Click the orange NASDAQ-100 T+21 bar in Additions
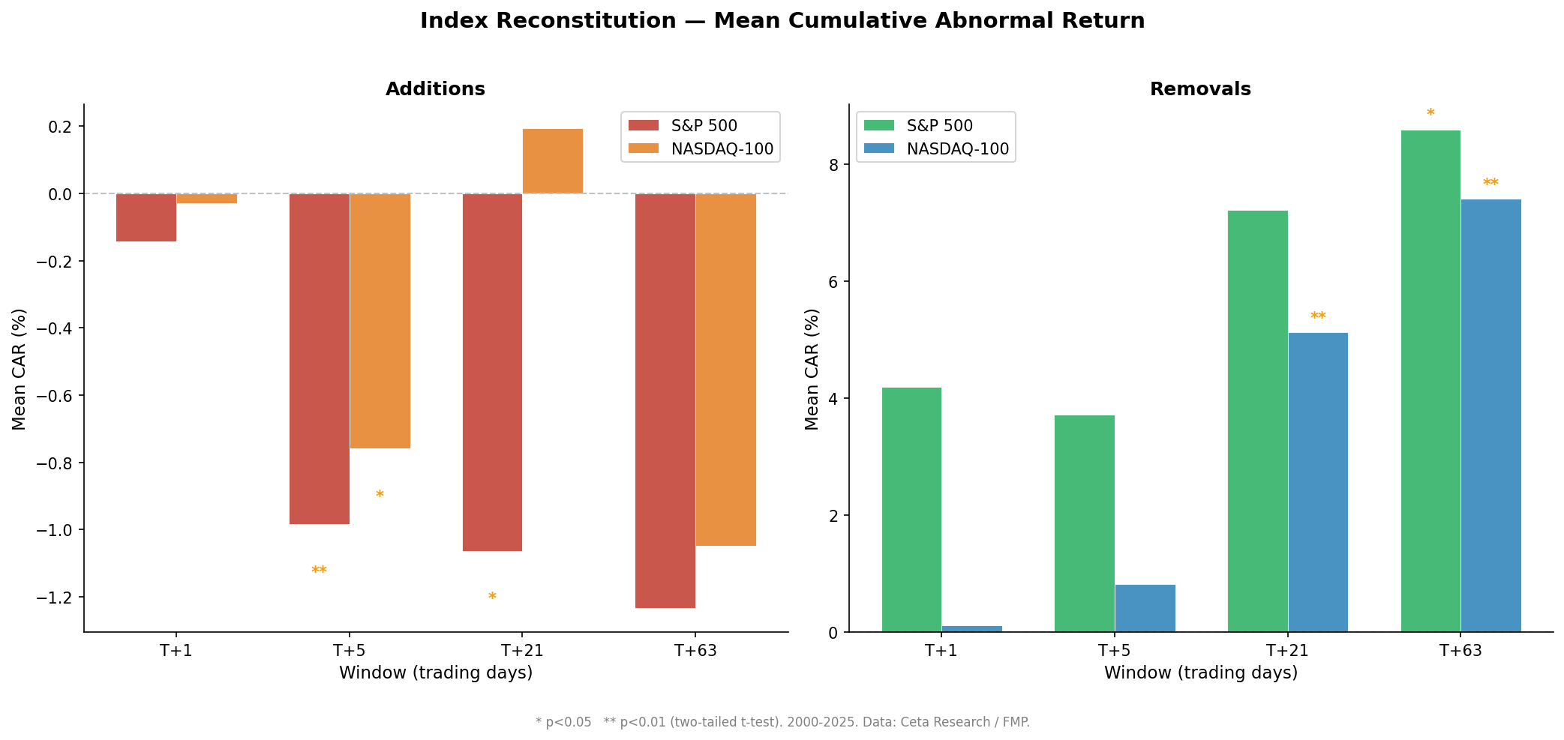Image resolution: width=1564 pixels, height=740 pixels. pos(552,161)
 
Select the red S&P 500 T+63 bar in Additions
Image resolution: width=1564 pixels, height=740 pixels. pos(665,400)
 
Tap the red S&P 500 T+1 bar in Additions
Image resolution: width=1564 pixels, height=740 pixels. pos(146,217)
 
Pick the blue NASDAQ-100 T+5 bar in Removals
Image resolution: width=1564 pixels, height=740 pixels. pos(1145,608)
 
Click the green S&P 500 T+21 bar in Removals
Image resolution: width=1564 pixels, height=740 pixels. pos(1257,421)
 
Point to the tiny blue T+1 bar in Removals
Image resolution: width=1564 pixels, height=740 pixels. pos(971,628)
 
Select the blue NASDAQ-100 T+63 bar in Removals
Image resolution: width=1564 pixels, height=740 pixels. pos(1490,415)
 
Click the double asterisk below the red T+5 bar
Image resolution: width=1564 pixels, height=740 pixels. pos(319,571)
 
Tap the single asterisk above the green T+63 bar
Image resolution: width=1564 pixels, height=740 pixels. pos(1430,114)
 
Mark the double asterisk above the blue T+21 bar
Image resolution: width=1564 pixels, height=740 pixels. pos(1318,317)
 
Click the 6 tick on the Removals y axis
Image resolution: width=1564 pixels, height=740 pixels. pos(833,282)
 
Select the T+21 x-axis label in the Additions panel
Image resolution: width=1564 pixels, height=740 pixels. pos(522,651)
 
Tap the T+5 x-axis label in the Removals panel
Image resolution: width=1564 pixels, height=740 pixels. pos(1114,651)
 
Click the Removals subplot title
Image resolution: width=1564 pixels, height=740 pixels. pos(1200,89)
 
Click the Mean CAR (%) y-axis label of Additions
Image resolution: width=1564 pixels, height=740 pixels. pos(20,369)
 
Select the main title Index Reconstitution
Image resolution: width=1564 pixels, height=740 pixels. pos(782,21)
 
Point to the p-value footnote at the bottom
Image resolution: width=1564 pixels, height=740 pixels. pos(782,722)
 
